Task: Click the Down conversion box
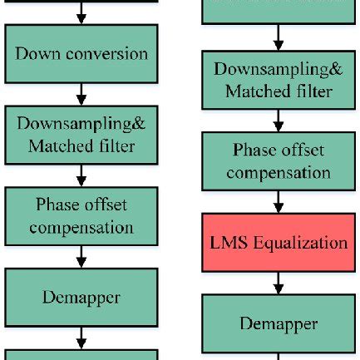click(x=81, y=53)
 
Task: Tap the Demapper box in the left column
click(x=81, y=297)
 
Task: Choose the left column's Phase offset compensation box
click(x=81, y=216)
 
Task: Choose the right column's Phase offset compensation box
click(x=278, y=161)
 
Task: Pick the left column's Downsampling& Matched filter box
click(x=81, y=135)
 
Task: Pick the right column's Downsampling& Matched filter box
click(x=278, y=81)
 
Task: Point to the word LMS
click(x=228, y=243)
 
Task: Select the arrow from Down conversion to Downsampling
click(x=81, y=93)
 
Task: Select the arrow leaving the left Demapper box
click(x=81, y=337)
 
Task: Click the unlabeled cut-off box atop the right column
click(x=278, y=11)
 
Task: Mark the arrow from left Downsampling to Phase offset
click(x=81, y=175)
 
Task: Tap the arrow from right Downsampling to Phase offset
click(x=279, y=121)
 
